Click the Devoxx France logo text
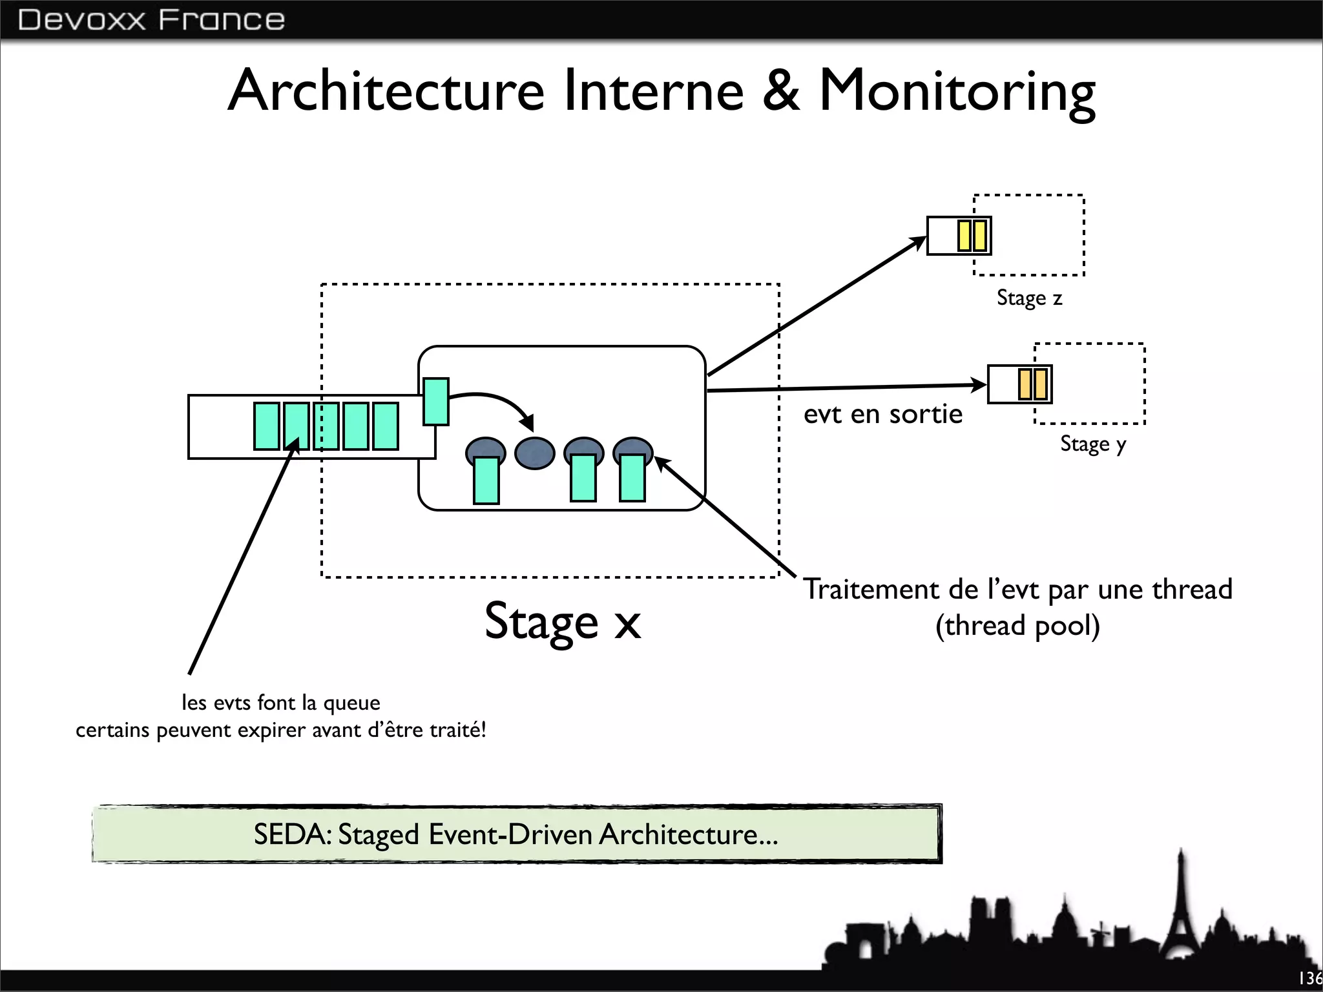(151, 19)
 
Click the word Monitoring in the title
(957, 91)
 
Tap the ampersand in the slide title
(781, 91)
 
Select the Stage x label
(563, 621)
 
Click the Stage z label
(1029, 298)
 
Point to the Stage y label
(1092, 444)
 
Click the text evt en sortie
(882, 414)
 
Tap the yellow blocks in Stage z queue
(972, 236)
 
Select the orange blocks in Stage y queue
(1032, 384)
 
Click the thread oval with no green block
(534, 453)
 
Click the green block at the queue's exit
(435, 402)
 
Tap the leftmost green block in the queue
(267, 426)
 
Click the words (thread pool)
(1017, 626)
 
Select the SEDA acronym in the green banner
(290, 834)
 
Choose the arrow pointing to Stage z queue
(817, 306)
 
